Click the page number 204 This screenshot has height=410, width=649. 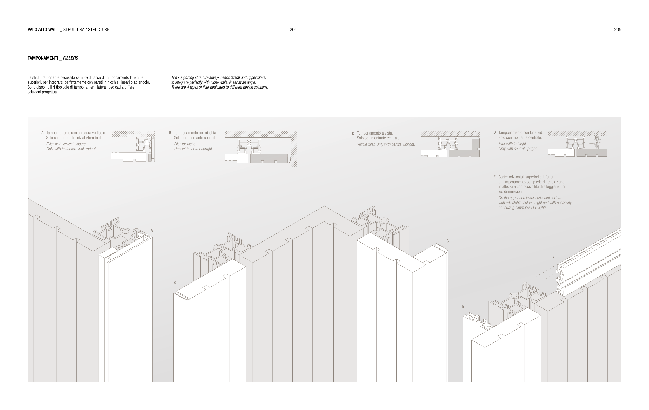[293, 30]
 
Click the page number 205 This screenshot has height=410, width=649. [618, 30]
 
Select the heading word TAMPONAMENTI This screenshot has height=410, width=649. [43, 58]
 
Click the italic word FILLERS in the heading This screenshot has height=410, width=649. [71, 58]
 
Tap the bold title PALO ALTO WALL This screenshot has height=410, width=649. [43, 30]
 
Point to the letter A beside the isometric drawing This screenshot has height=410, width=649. [152, 230]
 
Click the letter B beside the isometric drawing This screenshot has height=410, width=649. [175, 283]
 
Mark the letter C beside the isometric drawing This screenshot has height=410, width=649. [447, 241]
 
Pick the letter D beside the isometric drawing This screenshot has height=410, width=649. [463, 307]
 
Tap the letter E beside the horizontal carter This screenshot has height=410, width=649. [553, 257]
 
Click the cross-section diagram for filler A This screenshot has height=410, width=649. [133, 146]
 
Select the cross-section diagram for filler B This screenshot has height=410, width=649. [261, 149]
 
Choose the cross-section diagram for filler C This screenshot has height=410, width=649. [450, 145]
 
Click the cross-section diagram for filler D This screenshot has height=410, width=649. [577, 144]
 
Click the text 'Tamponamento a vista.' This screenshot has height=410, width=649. [375, 133]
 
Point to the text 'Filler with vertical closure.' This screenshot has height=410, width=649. [66, 144]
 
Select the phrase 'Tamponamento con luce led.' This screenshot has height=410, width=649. [520, 132]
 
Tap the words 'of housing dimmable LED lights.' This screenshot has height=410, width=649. [523, 208]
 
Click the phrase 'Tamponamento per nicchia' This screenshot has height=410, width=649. [195, 133]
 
